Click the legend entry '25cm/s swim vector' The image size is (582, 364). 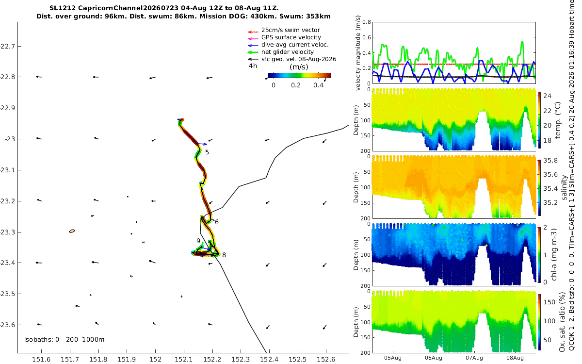pyautogui.click(x=291, y=30)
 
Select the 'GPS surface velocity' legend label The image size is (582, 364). pyautogui.click(x=291, y=37)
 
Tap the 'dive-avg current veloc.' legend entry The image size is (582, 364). pyautogui.click(x=295, y=45)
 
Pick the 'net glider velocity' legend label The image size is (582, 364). pyautogui.click(x=287, y=52)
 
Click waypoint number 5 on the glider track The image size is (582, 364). pyautogui.click(x=207, y=152)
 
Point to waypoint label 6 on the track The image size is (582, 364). pyautogui.click(x=217, y=222)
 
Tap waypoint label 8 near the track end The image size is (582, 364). pyautogui.click(x=224, y=255)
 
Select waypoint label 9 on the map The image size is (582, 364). pyautogui.click(x=198, y=241)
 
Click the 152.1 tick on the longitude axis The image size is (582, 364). pyautogui.click(x=184, y=359)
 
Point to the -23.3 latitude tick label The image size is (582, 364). pyautogui.click(x=7, y=232)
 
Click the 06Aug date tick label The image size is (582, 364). pyautogui.click(x=434, y=358)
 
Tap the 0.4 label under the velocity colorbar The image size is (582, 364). pyautogui.click(x=318, y=85)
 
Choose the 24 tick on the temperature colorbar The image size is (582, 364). pyautogui.click(x=547, y=96)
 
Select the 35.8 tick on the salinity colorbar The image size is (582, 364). pyautogui.click(x=550, y=161)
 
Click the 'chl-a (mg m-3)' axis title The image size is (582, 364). pyautogui.click(x=554, y=254)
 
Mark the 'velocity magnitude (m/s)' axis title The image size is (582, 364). pyautogui.click(x=358, y=53)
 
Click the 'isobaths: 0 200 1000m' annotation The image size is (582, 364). pyautogui.click(x=64, y=340)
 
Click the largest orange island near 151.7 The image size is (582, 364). pyautogui.click(x=72, y=231)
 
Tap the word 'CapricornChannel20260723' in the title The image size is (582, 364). pyautogui.click(x=128, y=8)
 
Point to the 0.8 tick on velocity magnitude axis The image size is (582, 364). pyautogui.click(x=367, y=22)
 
